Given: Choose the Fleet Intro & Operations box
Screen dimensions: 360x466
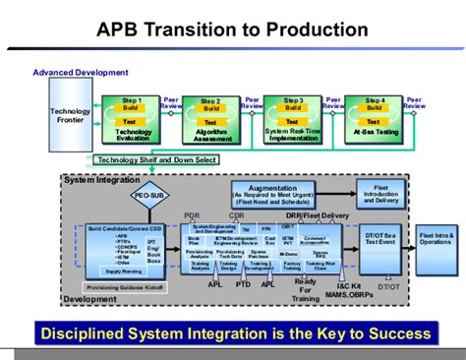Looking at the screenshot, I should pyautogui.click(x=436, y=240).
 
